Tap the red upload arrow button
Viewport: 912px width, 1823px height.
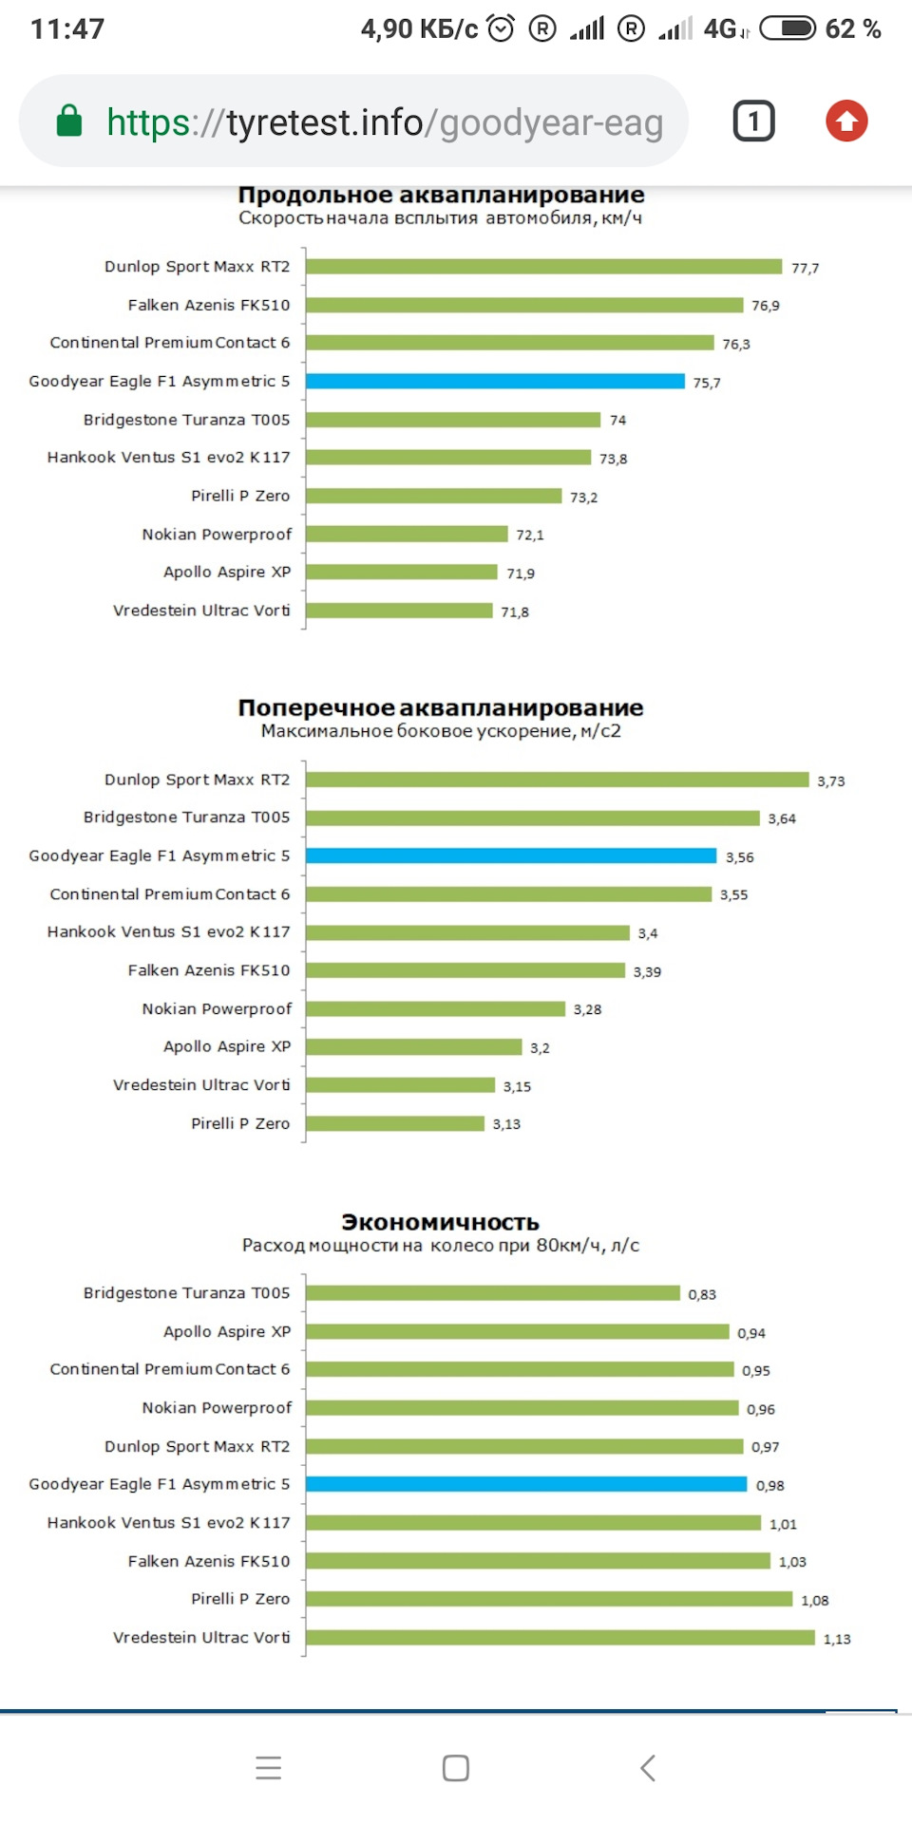click(x=846, y=122)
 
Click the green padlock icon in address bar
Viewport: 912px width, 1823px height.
click(x=69, y=122)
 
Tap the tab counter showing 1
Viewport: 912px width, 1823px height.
click(x=753, y=122)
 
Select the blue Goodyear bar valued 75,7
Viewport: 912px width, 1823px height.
click(x=495, y=382)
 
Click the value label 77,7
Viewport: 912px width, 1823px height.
click(x=805, y=269)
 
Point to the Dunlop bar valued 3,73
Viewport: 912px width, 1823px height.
click(x=557, y=780)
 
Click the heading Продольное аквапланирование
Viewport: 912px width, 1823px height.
click(x=441, y=196)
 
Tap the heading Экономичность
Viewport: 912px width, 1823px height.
click(x=440, y=1223)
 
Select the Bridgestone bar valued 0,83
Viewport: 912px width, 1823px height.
click(x=493, y=1293)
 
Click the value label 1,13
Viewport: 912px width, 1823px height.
click(x=837, y=1639)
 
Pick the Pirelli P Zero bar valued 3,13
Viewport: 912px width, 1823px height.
click(x=395, y=1123)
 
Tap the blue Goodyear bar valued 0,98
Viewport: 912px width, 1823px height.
click(x=526, y=1484)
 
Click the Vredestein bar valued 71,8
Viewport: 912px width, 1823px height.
click(x=399, y=611)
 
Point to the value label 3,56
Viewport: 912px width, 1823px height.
click(x=739, y=857)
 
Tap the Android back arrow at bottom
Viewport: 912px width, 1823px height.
click(x=648, y=1768)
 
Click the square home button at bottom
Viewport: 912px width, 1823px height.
click(x=456, y=1768)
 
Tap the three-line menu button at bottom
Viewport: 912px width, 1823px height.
click(x=269, y=1768)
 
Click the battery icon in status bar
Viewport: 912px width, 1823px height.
click(x=788, y=28)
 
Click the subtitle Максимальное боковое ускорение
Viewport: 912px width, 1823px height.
click(x=441, y=731)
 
